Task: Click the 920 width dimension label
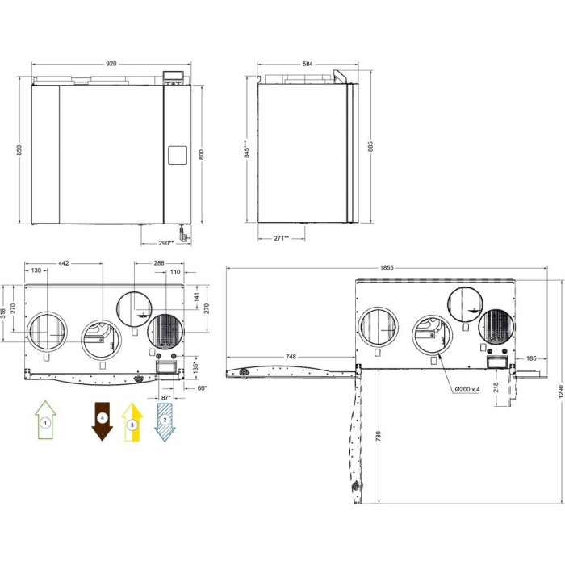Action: pyautogui.click(x=111, y=64)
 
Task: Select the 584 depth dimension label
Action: pyautogui.click(x=308, y=64)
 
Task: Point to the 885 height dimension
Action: pyautogui.click(x=370, y=146)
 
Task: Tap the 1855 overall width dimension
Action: pyautogui.click(x=387, y=268)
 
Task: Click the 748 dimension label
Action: pyautogui.click(x=291, y=357)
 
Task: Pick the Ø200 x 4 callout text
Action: pyautogui.click(x=467, y=389)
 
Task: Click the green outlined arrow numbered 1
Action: pyautogui.click(x=45, y=420)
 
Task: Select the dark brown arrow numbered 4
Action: pyautogui.click(x=103, y=421)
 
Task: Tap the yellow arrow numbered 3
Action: pyautogui.click(x=132, y=422)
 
